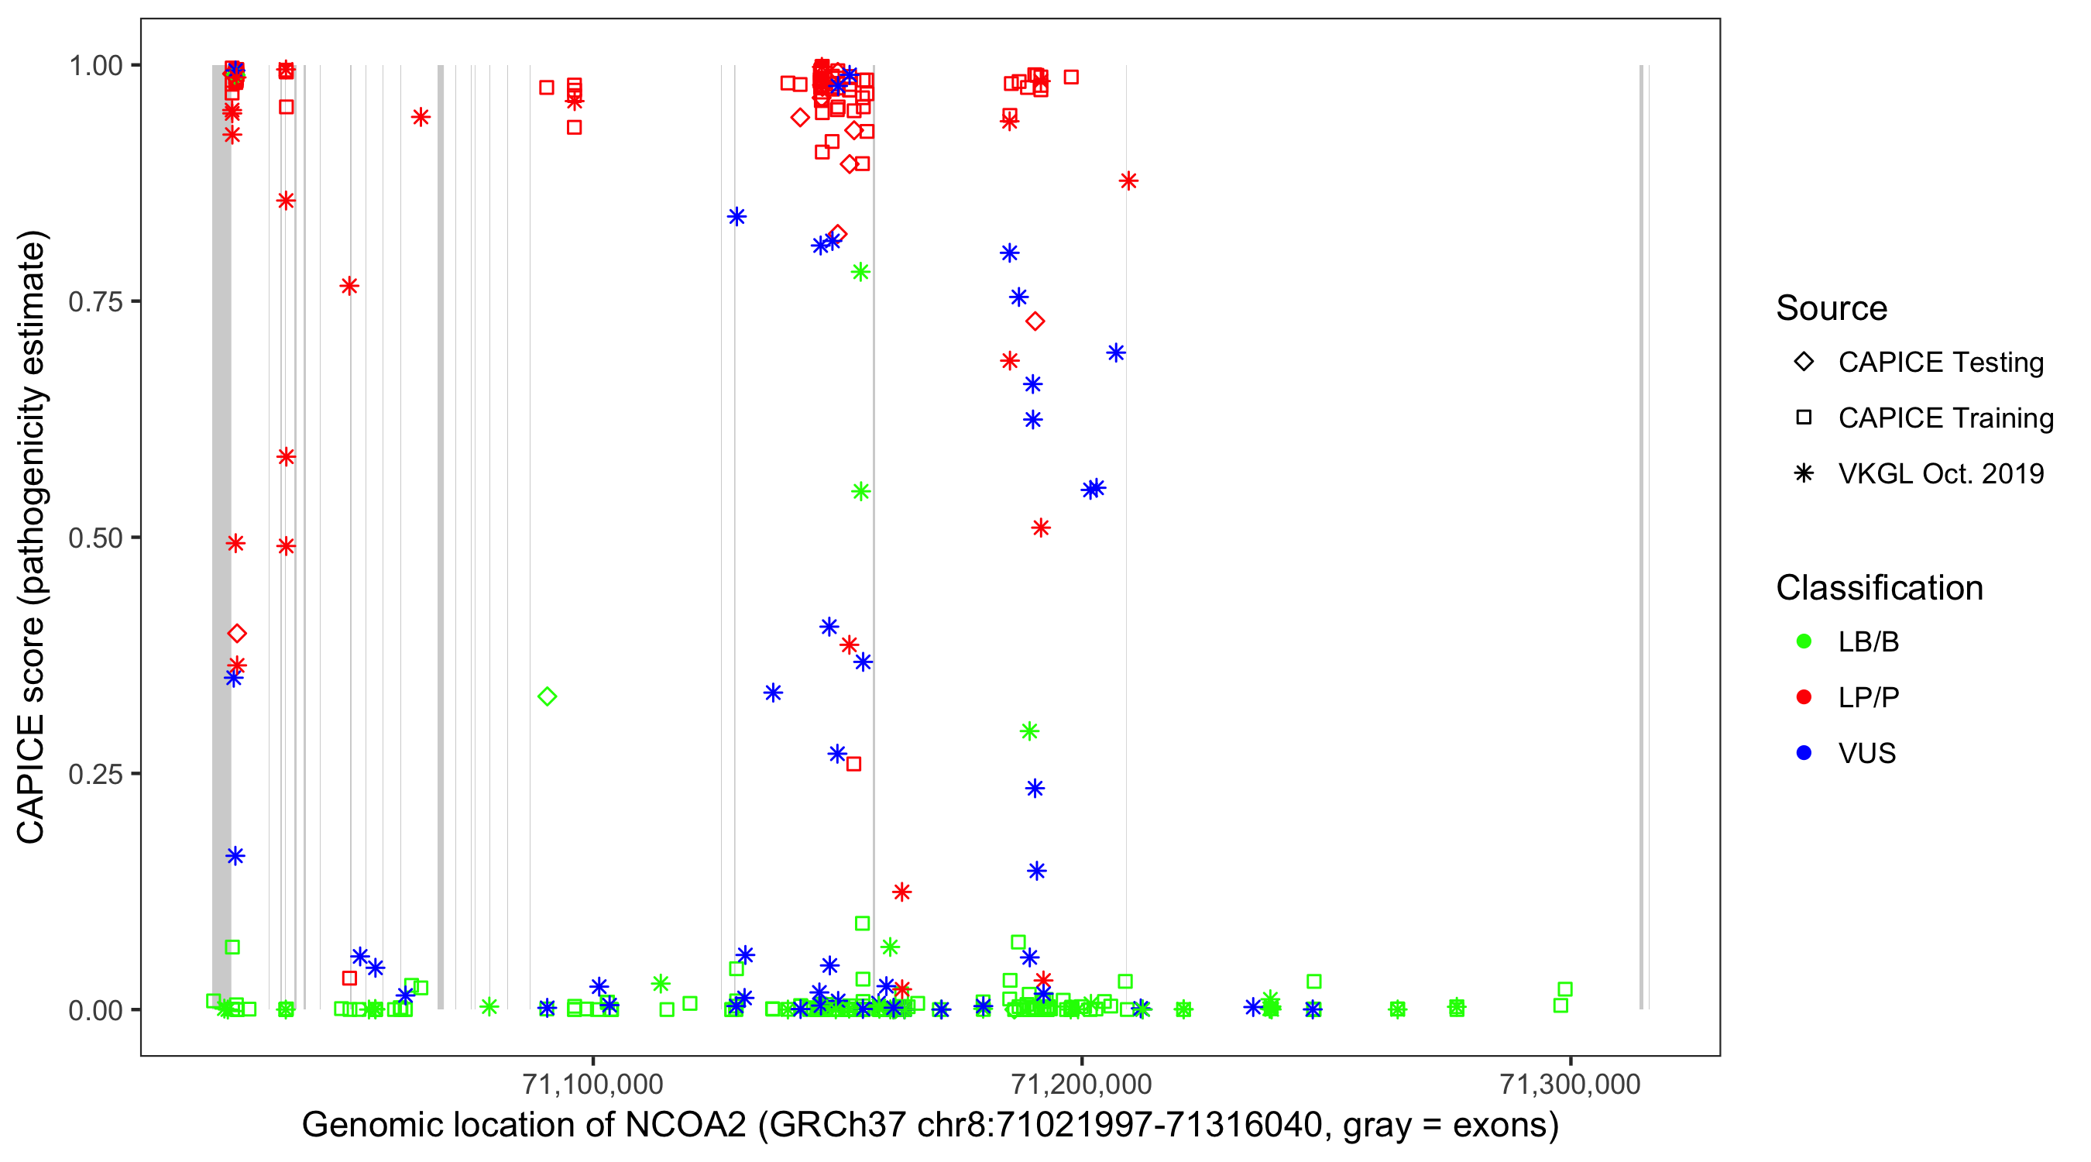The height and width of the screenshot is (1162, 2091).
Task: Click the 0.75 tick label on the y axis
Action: (x=95, y=302)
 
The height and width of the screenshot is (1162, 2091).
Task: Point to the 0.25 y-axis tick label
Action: (x=95, y=774)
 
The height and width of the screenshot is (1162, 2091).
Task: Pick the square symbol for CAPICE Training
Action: (x=1804, y=418)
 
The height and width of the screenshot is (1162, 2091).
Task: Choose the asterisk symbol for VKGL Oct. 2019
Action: (x=1804, y=473)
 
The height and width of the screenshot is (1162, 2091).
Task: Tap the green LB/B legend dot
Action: (x=1804, y=641)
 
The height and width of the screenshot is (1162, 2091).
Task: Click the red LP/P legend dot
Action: (x=1804, y=697)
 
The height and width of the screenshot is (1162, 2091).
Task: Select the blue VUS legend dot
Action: (x=1804, y=753)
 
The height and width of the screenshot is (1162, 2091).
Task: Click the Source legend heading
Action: (x=1832, y=308)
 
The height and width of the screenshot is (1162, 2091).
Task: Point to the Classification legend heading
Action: (x=1879, y=588)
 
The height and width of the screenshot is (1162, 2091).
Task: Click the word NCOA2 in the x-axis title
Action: (x=685, y=1126)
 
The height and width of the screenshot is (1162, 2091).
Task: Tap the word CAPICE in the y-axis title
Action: (x=31, y=778)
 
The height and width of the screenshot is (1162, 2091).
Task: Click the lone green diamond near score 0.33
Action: (x=547, y=696)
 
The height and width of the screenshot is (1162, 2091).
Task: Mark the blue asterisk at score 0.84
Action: (x=736, y=217)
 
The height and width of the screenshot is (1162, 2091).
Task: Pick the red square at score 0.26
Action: (x=853, y=764)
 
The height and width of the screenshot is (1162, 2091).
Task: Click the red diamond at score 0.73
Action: (x=1034, y=321)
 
